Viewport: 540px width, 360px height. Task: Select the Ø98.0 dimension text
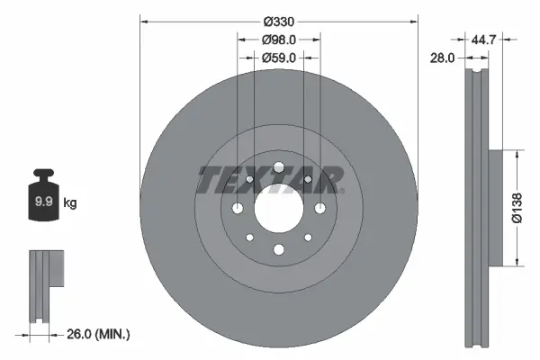click(x=279, y=40)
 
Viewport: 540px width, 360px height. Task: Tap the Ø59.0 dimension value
click(x=279, y=59)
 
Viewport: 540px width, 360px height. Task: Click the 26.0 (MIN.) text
click(x=100, y=334)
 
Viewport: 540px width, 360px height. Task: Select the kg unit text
click(x=69, y=203)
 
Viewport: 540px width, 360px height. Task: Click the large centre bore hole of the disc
click(x=278, y=209)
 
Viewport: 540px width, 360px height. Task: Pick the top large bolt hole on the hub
click(x=278, y=167)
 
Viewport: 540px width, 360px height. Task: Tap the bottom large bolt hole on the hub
click(x=278, y=250)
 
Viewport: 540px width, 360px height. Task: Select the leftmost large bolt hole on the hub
click(x=238, y=209)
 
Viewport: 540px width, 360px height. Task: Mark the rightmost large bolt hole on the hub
click(x=319, y=209)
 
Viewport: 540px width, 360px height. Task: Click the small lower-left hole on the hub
click(x=249, y=238)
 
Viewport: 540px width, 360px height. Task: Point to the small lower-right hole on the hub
click(x=308, y=238)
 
